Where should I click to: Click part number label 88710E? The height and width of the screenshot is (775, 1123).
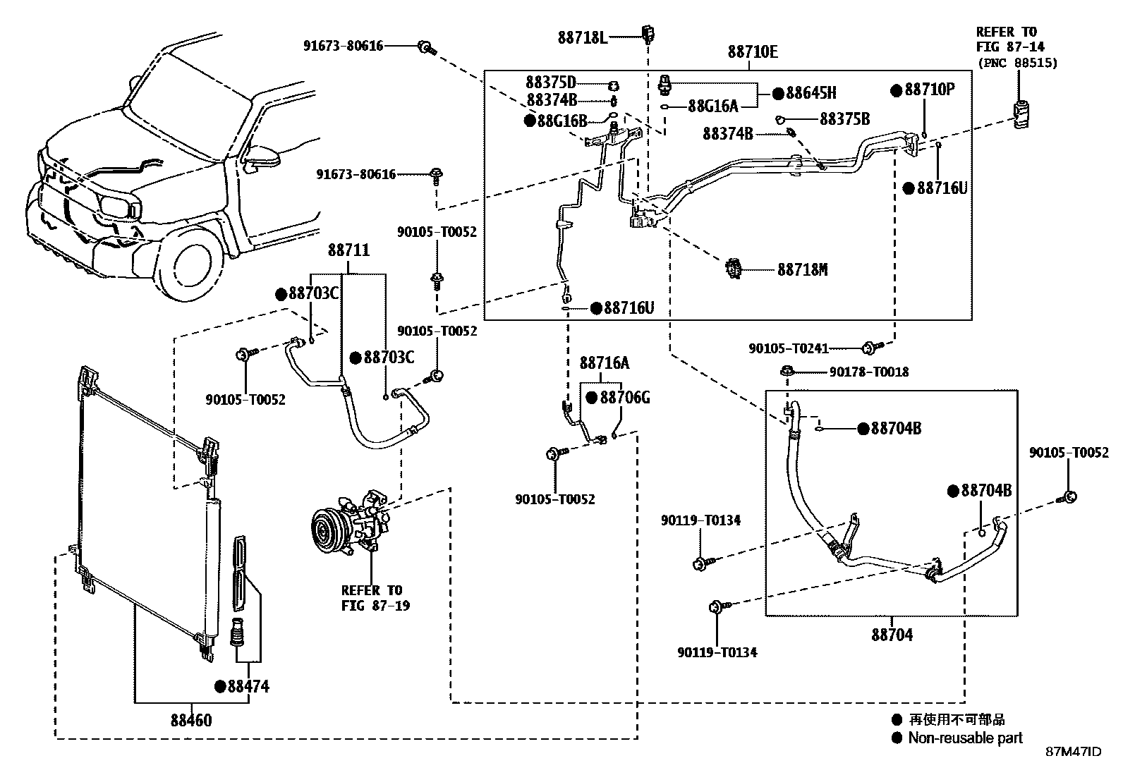(753, 51)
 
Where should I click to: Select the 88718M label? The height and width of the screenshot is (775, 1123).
(802, 269)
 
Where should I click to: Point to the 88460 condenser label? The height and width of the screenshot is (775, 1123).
(190, 721)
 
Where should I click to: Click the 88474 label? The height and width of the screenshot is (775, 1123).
(248, 686)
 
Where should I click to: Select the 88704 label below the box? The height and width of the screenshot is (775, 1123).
(892, 635)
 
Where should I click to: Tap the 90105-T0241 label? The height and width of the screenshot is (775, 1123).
(788, 348)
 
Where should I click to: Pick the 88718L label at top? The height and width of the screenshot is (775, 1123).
(582, 37)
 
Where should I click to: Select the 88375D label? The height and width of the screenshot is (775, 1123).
(550, 82)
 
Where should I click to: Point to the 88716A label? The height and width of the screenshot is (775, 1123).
(604, 363)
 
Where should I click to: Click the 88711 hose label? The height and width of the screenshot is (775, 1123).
(348, 250)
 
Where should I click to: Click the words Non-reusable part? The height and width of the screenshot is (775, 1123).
(965, 738)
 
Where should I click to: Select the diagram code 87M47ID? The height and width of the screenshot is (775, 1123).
(1072, 752)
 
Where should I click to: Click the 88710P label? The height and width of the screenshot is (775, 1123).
(929, 90)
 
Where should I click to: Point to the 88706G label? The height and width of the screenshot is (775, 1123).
(624, 398)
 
